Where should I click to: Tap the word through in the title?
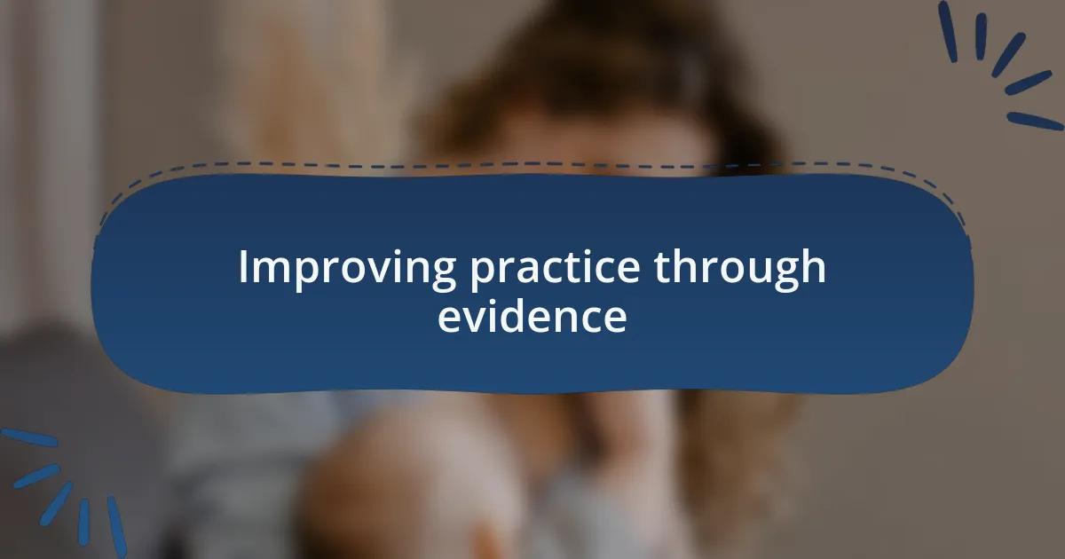pos(740,269)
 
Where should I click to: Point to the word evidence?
pos(532,317)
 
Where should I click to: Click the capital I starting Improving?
pos(243,267)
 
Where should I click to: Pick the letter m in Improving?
pos(270,270)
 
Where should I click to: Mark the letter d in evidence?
pos(518,316)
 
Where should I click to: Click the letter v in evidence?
pos(471,319)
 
